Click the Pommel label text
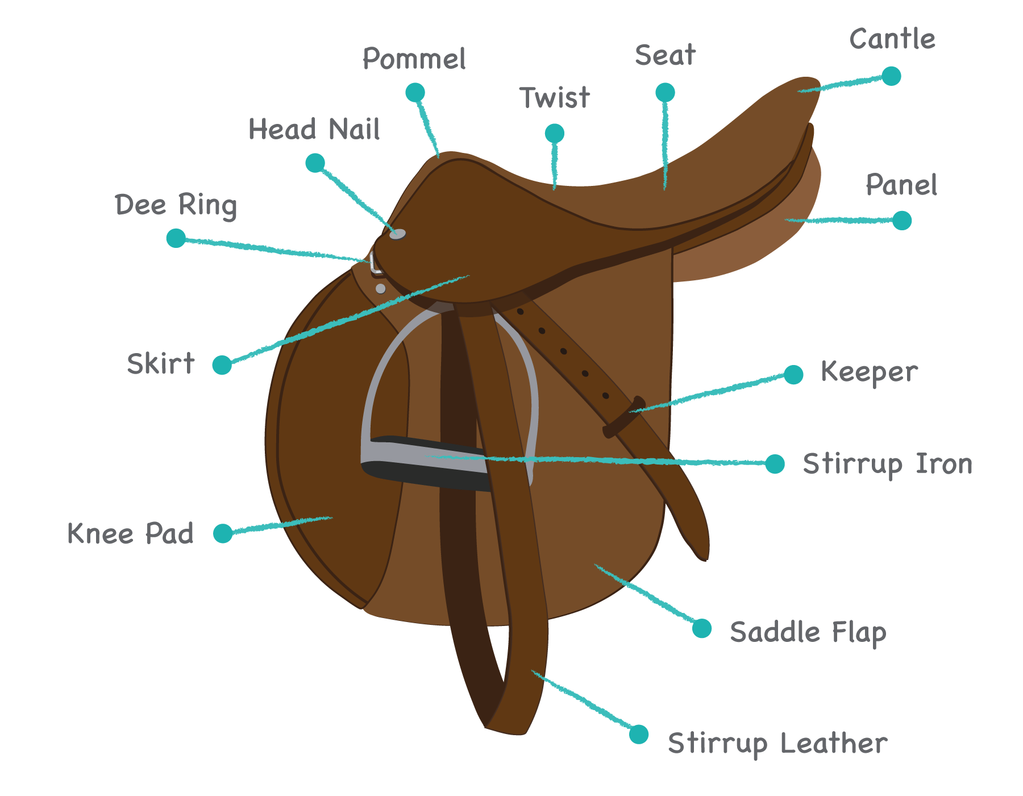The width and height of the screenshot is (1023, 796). point(415,59)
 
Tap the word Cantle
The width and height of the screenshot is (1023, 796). point(892,39)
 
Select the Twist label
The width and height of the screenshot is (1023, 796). point(555,98)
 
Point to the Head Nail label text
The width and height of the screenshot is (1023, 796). point(314,130)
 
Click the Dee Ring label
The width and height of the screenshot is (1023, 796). point(176,205)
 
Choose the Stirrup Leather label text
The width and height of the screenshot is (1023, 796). point(777,743)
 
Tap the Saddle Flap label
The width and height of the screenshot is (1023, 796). point(808,632)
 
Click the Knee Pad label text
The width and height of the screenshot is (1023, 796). point(131,533)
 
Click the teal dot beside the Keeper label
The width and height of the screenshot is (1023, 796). point(793,375)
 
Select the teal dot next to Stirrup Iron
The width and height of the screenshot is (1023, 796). point(775,464)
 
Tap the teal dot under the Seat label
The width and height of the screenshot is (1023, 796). point(665,92)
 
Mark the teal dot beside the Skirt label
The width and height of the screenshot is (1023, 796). point(222,365)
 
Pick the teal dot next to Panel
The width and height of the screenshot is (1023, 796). point(902,221)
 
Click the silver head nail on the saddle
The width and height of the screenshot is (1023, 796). point(397,234)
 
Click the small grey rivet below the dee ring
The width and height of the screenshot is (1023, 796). point(381,289)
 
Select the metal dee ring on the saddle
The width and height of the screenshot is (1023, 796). point(373,263)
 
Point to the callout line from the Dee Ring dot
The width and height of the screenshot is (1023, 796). point(273,249)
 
